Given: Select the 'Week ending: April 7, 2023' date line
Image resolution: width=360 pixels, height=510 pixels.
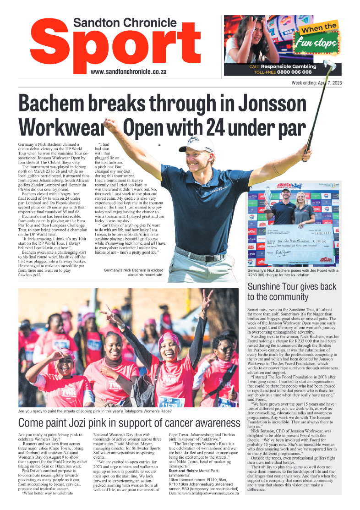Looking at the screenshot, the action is coord(316,83).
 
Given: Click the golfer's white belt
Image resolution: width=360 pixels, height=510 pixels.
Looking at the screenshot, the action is coord(202,252).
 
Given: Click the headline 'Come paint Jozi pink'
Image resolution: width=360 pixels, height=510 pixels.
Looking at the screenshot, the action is coord(129,422).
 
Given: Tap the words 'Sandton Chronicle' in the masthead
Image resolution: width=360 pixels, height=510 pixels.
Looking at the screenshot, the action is coord(125,23).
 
